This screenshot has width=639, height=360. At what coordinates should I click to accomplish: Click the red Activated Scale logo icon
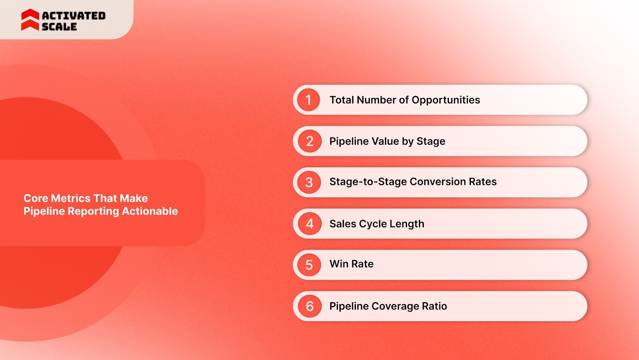tap(30, 20)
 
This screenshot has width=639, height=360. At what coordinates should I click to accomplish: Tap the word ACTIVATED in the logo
tap(74, 16)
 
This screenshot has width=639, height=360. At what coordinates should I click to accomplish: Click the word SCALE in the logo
tap(59, 27)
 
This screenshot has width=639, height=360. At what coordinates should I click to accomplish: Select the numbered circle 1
tap(308, 100)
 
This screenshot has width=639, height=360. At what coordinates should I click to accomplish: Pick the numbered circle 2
tap(310, 141)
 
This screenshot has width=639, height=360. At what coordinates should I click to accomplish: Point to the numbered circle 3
tap(309, 183)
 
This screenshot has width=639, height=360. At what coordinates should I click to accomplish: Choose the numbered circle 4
tap(310, 224)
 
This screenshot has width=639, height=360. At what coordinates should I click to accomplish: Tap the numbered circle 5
tap(309, 265)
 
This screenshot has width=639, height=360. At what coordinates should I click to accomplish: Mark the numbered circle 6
tap(310, 306)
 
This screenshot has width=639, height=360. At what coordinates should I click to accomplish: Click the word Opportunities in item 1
tap(446, 100)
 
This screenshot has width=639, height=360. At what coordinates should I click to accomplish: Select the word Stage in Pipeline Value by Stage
tap(431, 141)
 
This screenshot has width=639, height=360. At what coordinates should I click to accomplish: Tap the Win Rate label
tap(351, 264)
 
